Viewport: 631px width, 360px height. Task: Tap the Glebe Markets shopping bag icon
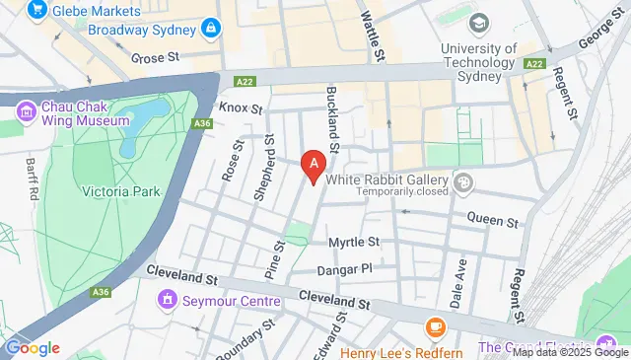pos(39,11)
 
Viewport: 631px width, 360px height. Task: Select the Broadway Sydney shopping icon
pos(209,30)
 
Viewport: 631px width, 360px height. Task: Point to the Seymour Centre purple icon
pos(170,299)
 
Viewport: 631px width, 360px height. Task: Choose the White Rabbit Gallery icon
pos(463,180)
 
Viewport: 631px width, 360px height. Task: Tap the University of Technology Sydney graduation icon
pos(479,23)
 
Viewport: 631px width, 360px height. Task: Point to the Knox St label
pos(242,108)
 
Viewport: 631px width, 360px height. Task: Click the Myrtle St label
pos(354,242)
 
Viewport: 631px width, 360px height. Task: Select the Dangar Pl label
pos(343,268)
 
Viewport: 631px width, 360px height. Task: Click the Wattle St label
pos(372,32)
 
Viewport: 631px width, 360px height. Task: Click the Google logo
pos(33,347)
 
